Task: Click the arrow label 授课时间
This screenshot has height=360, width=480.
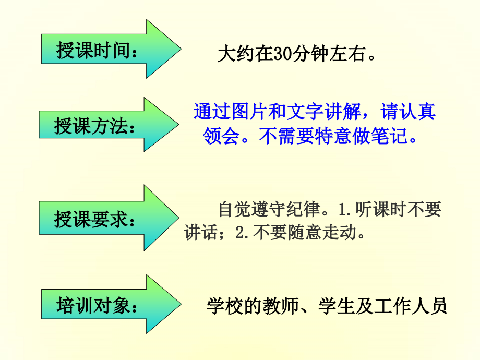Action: [x=94, y=51]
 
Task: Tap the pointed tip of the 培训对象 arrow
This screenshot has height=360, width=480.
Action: [x=181, y=304]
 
